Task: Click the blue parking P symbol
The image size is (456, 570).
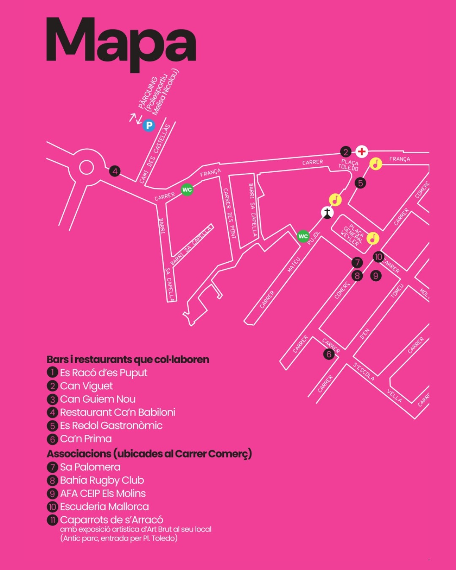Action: (x=149, y=125)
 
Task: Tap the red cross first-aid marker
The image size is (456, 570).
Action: (x=362, y=152)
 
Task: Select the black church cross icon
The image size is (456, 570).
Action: (x=327, y=213)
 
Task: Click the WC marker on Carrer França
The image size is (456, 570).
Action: (x=187, y=190)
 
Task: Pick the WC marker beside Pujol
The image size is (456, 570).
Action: (x=303, y=236)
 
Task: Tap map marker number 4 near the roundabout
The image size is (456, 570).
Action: (x=115, y=171)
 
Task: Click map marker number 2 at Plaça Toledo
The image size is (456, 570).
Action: (x=346, y=152)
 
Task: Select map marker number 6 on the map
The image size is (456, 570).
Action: (x=329, y=354)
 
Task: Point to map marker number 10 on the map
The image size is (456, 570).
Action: (x=379, y=257)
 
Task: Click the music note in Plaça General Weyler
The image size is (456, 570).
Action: (x=373, y=238)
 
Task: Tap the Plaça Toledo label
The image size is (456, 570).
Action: (x=349, y=165)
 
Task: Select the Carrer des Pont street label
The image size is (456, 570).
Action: (x=229, y=214)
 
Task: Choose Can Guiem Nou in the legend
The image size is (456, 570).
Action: (x=98, y=399)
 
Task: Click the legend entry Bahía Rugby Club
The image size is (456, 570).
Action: (x=102, y=480)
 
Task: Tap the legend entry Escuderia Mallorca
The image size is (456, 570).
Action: (x=104, y=507)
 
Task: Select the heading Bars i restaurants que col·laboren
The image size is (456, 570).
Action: (x=128, y=359)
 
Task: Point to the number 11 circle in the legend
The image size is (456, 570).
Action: (x=52, y=520)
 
